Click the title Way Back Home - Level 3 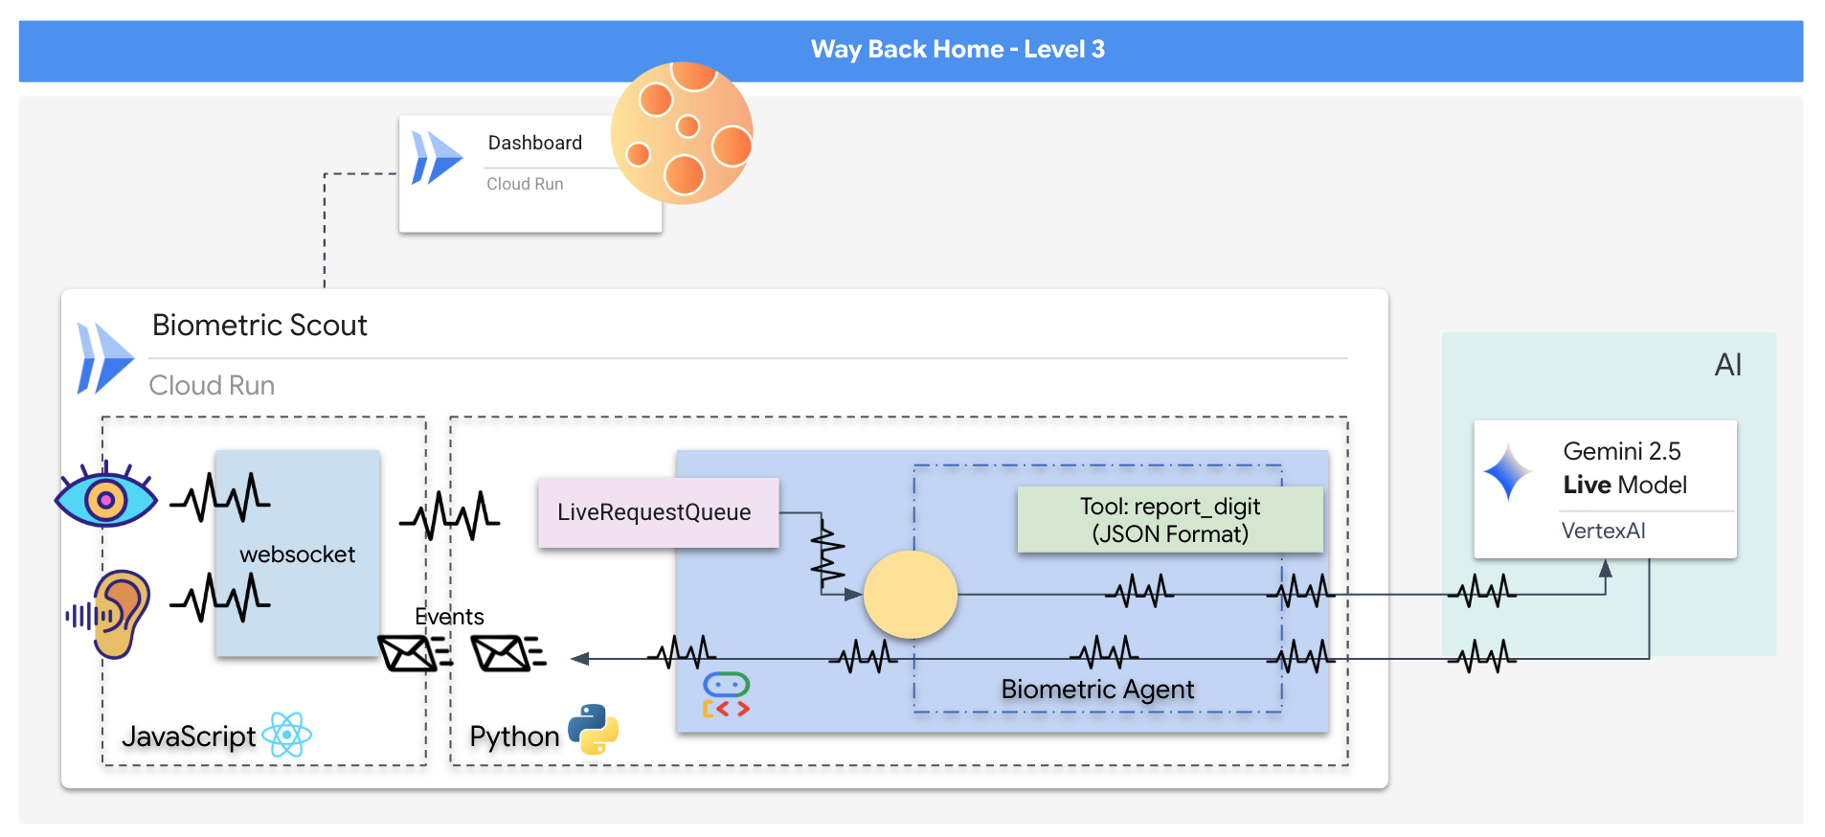coord(958,50)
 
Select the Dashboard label coord(534,143)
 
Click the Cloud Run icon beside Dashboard coord(436,158)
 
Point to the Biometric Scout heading coord(259,326)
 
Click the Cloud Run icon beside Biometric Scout coord(104,359)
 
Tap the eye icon coord(105,496)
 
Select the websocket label coord(297,554)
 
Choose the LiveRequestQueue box coord(658,512)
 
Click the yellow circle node coord(910,595)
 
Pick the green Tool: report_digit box coord(1169,520)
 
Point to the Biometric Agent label coord(1097,690)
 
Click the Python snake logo coord(593,730)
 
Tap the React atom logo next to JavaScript coord(287,735)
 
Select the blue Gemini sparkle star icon coord(1507,471)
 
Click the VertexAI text coord(1603,531)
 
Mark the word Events coord(449,617)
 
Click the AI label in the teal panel coord(1727,365)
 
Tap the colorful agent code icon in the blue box coord(726,695)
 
